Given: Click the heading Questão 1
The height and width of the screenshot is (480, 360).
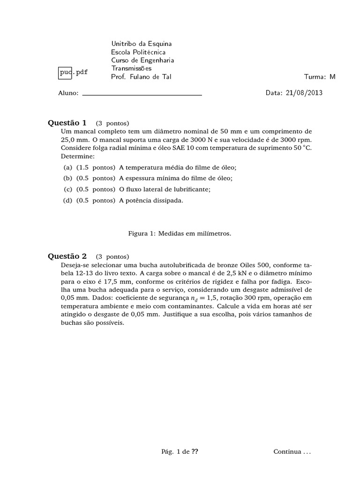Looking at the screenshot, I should pyautogui.click(x=67, y=123).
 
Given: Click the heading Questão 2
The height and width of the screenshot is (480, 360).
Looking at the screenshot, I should pyautogui.click(x=67, y=256).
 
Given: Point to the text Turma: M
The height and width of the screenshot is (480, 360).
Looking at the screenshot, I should pyautogui.click(x=320, y=77).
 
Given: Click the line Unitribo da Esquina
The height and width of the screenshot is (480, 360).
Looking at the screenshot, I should pyautogui.click(x=142, y=44).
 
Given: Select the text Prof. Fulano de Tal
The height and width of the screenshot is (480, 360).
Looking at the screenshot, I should pyautogui.click(x=141, y=77).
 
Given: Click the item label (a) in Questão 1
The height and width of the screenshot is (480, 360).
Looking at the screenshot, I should pyautogui.click(x=68, y=167).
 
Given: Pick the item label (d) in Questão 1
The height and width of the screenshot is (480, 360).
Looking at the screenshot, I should pyautogui.click(x=68, y=200).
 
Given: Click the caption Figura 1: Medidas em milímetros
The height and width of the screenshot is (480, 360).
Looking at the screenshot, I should pyautogui.click(x=180, y=233).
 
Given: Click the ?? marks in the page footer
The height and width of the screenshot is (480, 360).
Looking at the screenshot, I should pyautogui.click(x=195, y=452).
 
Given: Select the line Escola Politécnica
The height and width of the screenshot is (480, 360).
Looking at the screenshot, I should pyautogui.click(x=138, y=52).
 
